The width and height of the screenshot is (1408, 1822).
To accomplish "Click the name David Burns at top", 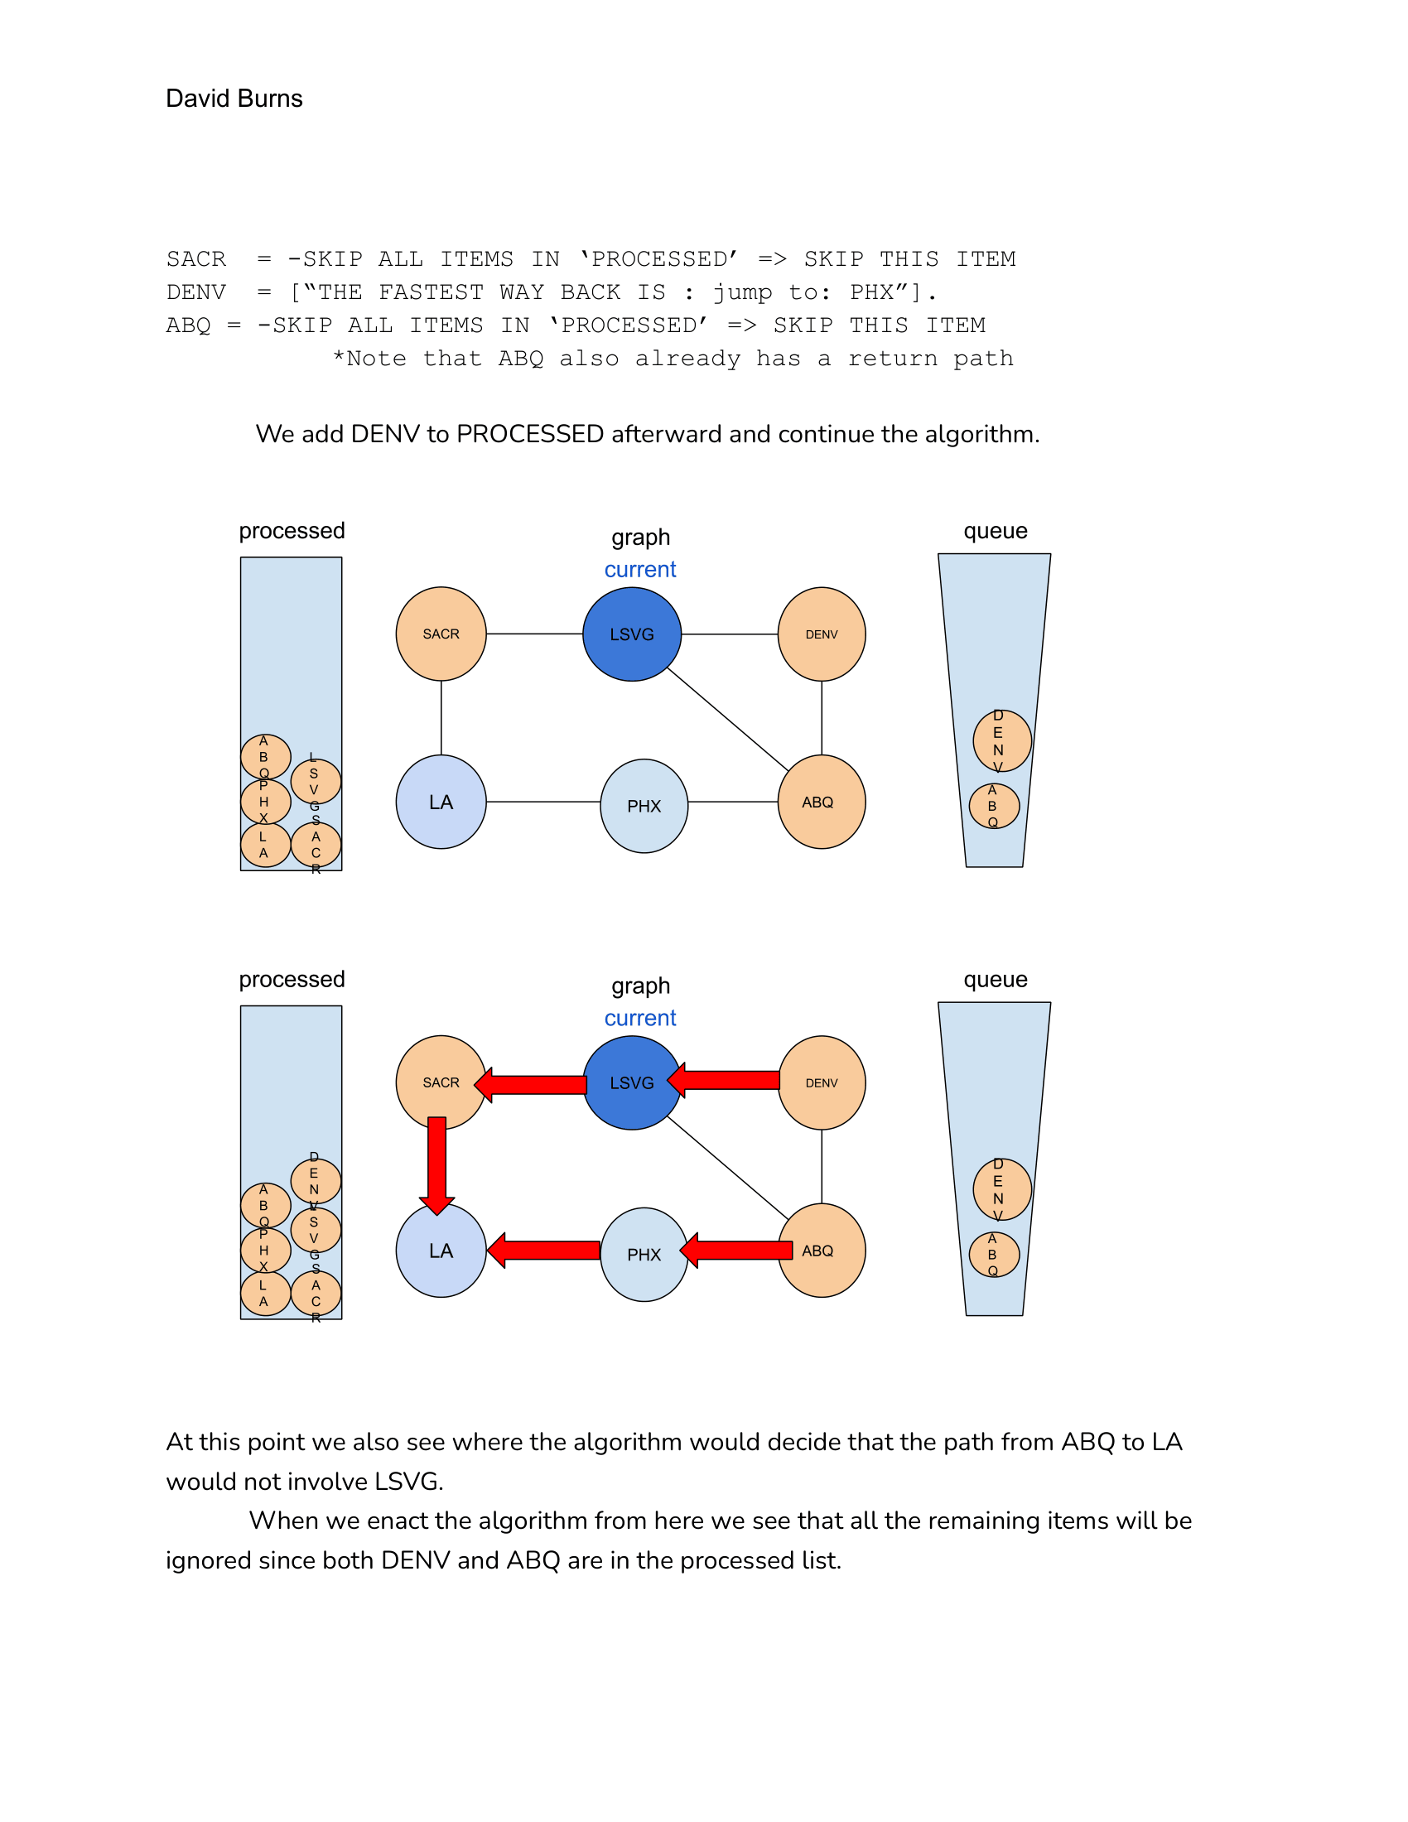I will pyautogui.click(x=234, y=99).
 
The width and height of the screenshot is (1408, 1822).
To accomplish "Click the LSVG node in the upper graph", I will pyautogui.click(x=631, y=634).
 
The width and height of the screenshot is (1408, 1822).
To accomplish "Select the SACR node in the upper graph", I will pyautogui.click(x=441, y=634).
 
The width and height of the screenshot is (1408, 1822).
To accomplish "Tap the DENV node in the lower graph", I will pyautogui.click(x=821, y=1083).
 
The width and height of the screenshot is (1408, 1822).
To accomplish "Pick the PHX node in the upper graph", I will pyautogui.click(x=643, y=806).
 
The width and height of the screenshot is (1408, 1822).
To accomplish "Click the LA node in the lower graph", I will pyautogui.click(x=441, y=1251).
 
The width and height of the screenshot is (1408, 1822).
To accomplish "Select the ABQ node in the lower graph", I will pyautogui.click(x=821, y=1251).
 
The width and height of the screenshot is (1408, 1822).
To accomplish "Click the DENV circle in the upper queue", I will pyautogui.click(x=1002, y=741).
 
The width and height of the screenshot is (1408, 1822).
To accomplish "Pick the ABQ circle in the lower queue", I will pyautogui.click(x=993, y=1255).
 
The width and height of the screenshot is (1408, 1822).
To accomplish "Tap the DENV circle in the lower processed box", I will pyautogui.click(x=316, y=1181).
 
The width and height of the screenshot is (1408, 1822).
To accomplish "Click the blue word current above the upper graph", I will pyautogui.click(x=639, y=570).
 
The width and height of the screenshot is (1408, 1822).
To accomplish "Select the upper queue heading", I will pyautogui.click(x=994, y=532).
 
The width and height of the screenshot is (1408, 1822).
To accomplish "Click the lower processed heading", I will pyautogui.click(x=291, y=980).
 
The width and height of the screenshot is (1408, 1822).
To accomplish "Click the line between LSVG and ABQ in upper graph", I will pyautogui.click(x=727, y=719).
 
